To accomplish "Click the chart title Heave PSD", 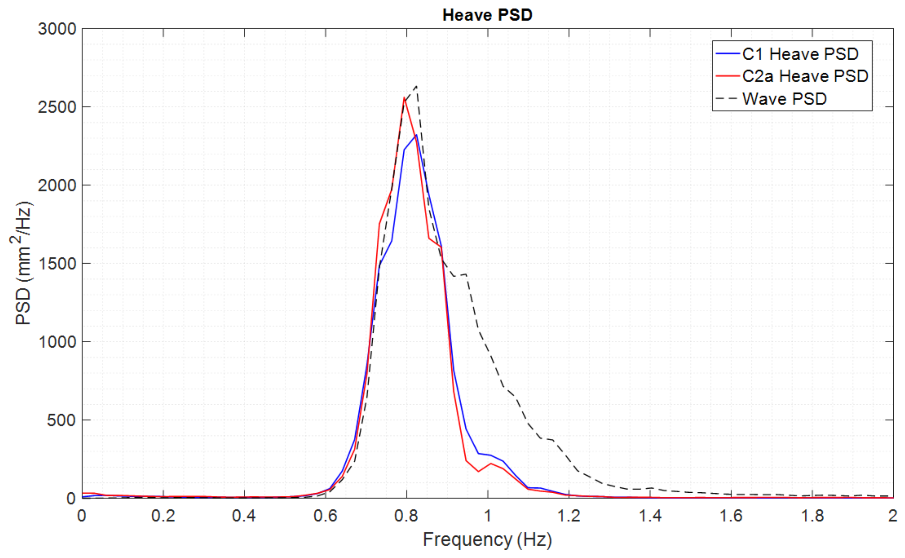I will point(487,15).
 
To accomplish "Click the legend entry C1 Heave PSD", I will point(800,54).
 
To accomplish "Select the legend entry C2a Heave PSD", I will point(805,76).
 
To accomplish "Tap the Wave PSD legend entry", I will point(784,99).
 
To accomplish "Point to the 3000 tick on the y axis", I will point(57,29).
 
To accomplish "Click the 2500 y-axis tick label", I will point(57,107).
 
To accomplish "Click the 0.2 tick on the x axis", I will point(163,516).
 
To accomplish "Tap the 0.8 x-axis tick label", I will point(406,516).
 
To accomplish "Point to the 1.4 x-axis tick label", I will point(650,516).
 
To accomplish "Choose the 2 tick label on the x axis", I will point(893,516).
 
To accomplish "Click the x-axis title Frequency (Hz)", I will point(487,540).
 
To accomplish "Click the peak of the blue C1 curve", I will point(416,135).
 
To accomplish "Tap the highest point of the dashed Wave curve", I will point(416,86).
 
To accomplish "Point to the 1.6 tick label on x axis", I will point(731,516).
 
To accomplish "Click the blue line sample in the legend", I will point(727,54).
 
